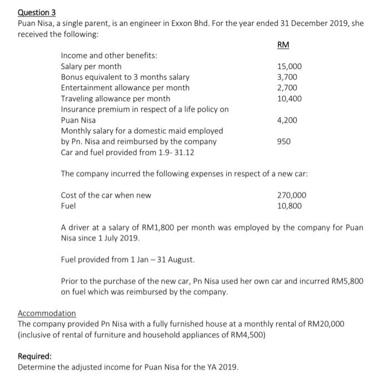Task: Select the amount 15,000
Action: [x=290, y=67]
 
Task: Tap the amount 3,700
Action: [x=288, y=77]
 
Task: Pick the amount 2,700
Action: [x=288, y=88]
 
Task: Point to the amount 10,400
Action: [x=290, y=98]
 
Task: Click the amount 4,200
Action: [x=288, y=120]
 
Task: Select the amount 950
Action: [x=285, y=142]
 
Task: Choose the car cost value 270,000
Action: [x=292, y=195]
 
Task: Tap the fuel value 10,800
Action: [x=290, y=205]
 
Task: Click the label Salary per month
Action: [x=91, y=67]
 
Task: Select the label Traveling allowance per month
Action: [x=116, y=98]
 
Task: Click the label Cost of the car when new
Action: [x=106, y=195]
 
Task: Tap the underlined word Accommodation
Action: [x=47, y=313]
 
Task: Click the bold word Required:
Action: [x=35, y=356]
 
